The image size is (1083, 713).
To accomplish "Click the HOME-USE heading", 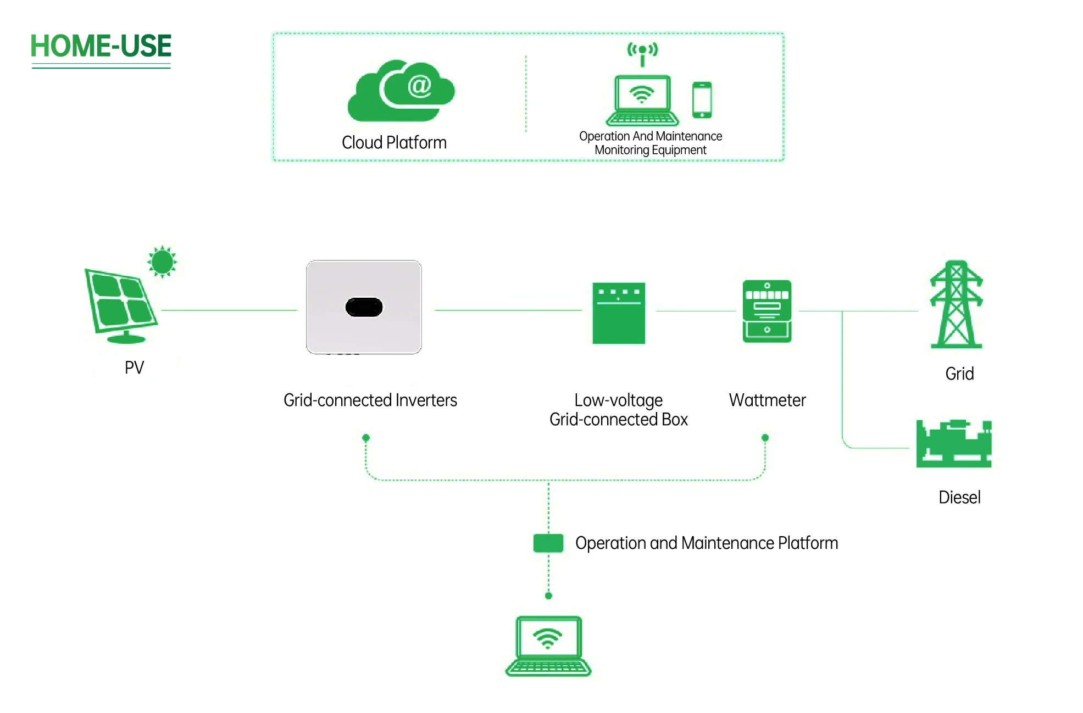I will click(x=101, y=46).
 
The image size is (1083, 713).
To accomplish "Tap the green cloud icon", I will click(x=401, y=91).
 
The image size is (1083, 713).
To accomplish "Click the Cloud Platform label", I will click(x=394, y=143).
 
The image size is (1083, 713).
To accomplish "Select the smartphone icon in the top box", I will click(x=702, y=100).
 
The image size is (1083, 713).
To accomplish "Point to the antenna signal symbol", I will click(x=642, y=51).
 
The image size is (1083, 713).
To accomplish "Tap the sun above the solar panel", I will click(x=162, y=261).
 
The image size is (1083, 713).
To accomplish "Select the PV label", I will click(x=134, y=367).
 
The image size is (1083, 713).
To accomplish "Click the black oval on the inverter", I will click(x=364, y=308).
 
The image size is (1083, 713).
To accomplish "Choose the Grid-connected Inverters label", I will click(x=370, y=400).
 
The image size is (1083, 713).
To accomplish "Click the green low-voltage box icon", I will click(x=618, y=313).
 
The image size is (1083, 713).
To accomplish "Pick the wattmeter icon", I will click(x=767, y=311).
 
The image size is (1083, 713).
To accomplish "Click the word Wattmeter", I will click(x=767, y=400).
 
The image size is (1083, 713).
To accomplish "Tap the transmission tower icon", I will click(x=956, y=305).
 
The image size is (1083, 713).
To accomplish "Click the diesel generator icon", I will click(x=953, y=443).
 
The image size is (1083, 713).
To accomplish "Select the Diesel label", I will click(x=959, y=498).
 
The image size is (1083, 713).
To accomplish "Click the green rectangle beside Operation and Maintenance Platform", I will click(x=548, y=543).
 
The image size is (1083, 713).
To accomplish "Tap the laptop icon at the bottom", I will click(x=548, y=646).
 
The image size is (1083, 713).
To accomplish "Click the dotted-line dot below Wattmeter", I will click(x=765, y=438).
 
